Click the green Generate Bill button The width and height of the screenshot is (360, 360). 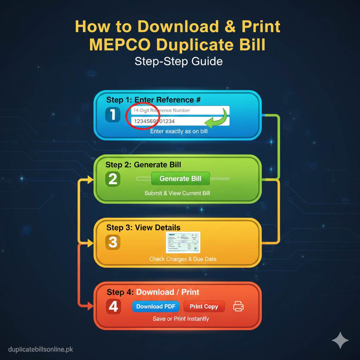click(x=180, y=179)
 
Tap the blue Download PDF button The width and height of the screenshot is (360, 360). click(x=156, y=307)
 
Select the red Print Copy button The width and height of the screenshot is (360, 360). click(x=204, y=307)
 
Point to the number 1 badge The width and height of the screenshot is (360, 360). click(x=113, y=115)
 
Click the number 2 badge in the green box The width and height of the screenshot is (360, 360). click(x=113, y=179)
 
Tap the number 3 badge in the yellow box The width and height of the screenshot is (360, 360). click(x=113, y=242)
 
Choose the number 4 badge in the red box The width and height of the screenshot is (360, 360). click(x=113, y=307)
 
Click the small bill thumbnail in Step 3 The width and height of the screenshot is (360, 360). click(x=183, y=242)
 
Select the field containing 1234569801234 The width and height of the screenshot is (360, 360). click(x=165, y=121)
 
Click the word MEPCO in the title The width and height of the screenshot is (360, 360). click(x=119, y=45)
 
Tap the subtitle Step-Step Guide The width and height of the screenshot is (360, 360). click(x=179, y=62)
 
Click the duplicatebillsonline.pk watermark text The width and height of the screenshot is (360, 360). click(x=40, y=349)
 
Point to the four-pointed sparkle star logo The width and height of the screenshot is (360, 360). click(x=340, y=340)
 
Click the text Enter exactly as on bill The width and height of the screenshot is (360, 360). click(x=179, y=131)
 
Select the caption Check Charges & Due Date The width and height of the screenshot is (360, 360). click(x=182, y=259)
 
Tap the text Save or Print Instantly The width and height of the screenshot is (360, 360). click(x=181, y=319)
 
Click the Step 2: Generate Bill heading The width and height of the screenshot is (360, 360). click(x=143, y=165)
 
